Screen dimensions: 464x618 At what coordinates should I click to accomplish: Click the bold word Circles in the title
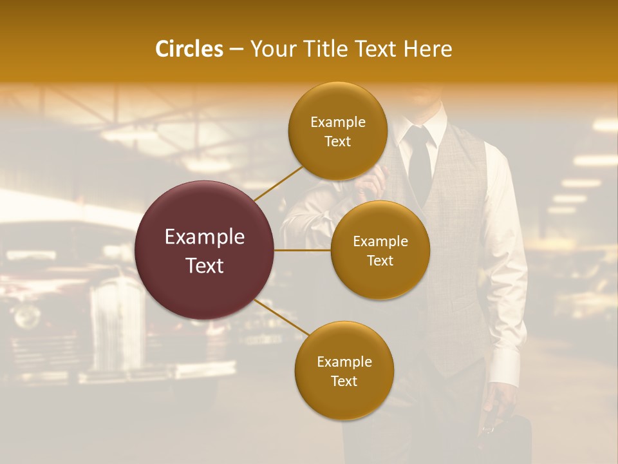(189, 49)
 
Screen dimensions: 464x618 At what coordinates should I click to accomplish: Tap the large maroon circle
(205, 250)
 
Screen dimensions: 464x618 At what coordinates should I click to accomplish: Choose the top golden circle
(338, 131)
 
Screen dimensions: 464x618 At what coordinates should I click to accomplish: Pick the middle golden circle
(380, 250)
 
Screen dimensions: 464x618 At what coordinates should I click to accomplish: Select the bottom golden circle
(344, 371)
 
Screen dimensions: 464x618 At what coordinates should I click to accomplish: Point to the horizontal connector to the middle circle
(302, 250)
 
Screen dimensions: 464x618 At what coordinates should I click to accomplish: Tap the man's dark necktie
(419, 161)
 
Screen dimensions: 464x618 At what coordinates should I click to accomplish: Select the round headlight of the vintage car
(27, 316)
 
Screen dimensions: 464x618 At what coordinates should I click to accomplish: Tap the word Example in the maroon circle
(205, 237)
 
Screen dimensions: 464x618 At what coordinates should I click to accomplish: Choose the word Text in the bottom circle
(344, 381)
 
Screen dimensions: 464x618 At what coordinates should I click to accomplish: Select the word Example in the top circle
(338, 122)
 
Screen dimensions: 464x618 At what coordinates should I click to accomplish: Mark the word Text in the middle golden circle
(380, 260)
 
